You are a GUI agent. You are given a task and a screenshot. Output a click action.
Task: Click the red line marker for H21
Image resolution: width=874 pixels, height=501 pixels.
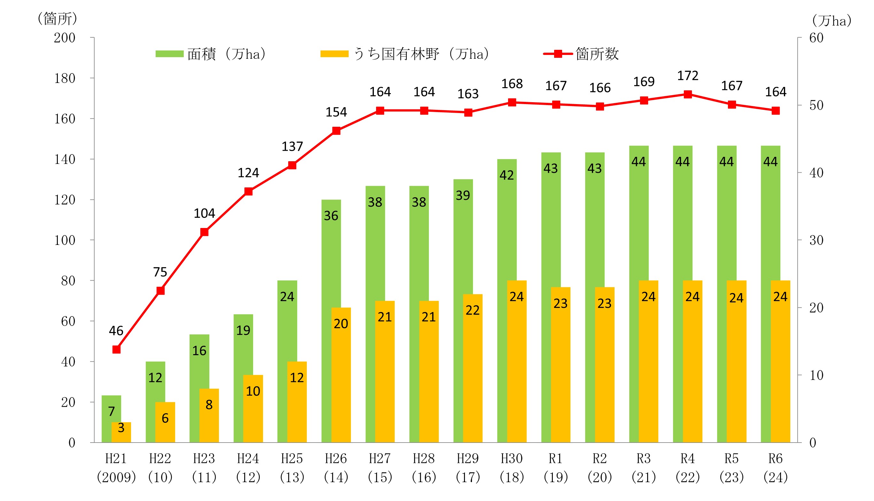coord(116,350)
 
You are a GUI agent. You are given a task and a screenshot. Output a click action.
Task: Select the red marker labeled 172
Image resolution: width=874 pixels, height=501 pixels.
coord(688,94)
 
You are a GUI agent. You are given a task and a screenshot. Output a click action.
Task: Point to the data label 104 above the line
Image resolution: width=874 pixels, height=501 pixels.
coord(204,214)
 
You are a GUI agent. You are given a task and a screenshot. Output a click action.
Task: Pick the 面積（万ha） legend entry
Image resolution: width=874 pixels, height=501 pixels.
coord(210,54)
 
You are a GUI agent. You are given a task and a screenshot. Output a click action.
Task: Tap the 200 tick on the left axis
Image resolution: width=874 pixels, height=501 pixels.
coord(65,38)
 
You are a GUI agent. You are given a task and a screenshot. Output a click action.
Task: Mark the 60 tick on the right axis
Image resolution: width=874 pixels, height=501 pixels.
coord(816,38)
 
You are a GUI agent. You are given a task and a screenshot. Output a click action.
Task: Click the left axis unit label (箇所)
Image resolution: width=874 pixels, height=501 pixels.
coord(57,19)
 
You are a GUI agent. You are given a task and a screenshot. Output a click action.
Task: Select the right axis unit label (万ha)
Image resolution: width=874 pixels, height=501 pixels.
coord(831,21)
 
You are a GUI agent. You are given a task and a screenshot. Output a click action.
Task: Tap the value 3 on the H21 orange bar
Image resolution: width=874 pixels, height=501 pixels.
coord(121,428)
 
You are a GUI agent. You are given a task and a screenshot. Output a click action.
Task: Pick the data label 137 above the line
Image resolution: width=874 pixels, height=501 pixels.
coord(292,147)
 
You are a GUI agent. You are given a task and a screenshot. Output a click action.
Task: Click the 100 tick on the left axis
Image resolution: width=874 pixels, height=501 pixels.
coord(65,240)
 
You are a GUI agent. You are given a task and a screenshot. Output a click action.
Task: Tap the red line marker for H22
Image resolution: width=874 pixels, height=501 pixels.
coord(160,291)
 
